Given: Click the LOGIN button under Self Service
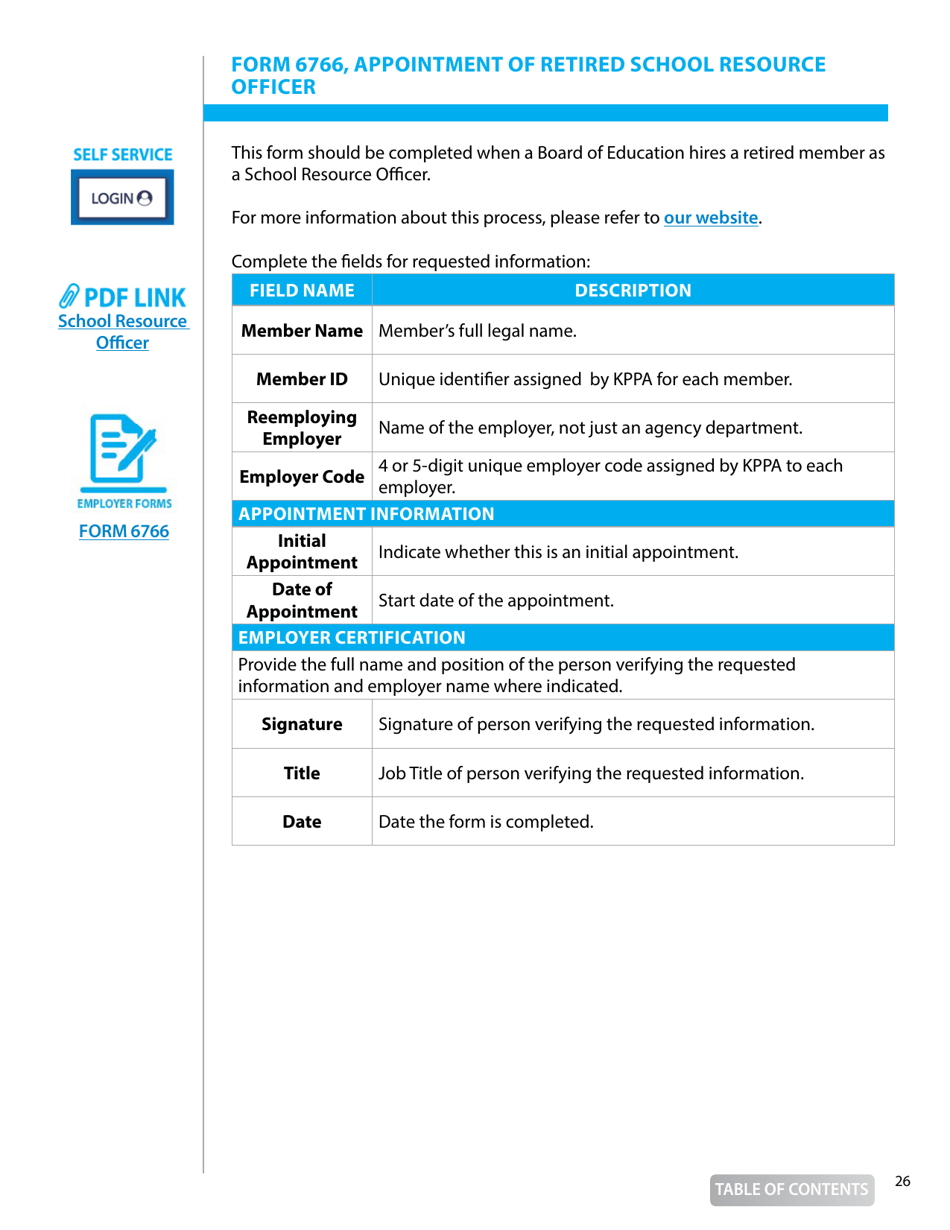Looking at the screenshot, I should pyautogui.click(x=121, y=197).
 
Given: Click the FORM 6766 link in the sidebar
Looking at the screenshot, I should pyautogui.click(x=124, y=531).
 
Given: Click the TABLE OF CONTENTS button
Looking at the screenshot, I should pyautogui.click(x=790, y=1189).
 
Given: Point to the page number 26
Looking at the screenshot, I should pyautogui.click(x=902, y=1182).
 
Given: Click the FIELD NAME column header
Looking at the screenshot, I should pyautogui.click(x=301, y=291).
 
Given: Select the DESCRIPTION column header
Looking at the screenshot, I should pyautogui.click(x=632, y=291).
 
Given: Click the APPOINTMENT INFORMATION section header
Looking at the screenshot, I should pyautogui.click(x=366, y=515).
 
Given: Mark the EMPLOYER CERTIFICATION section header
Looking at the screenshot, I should pyautogui.click(x=352, y=637).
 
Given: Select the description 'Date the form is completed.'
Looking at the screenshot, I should pyautogui.click(x=486, y=822).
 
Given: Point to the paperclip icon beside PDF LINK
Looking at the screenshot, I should pyautogui.click(x=71, y=296).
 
